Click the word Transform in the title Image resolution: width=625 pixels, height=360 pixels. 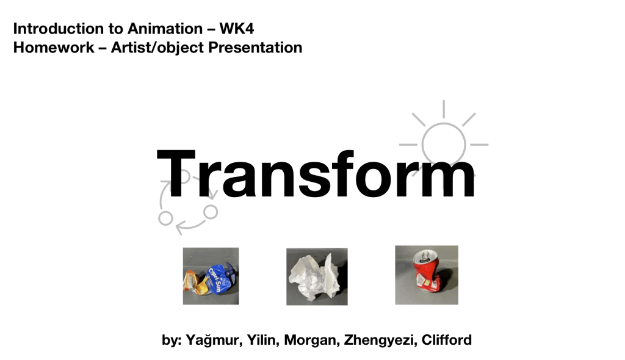tap(316, 175)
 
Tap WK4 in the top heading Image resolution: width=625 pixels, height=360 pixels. tap(237, 29)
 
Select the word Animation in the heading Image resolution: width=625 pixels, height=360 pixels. tap(165, 29)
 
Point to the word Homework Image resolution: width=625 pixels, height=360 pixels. tap(54, 48)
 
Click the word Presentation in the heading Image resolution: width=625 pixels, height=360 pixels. tap(255, 48)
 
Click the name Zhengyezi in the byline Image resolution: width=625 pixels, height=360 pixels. tap(381, 340)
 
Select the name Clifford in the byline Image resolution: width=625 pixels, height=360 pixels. tap(446, 340)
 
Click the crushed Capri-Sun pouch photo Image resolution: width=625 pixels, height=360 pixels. tap(211, 276)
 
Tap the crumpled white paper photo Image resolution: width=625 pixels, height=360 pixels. tap(317, 276)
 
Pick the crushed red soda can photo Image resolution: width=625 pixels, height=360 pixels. tap(427, 275)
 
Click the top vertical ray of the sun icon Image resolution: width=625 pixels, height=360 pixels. tap(444, 109)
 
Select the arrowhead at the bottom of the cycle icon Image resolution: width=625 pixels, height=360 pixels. tap(180, 228)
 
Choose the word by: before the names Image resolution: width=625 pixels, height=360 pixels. tap(172, 340)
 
